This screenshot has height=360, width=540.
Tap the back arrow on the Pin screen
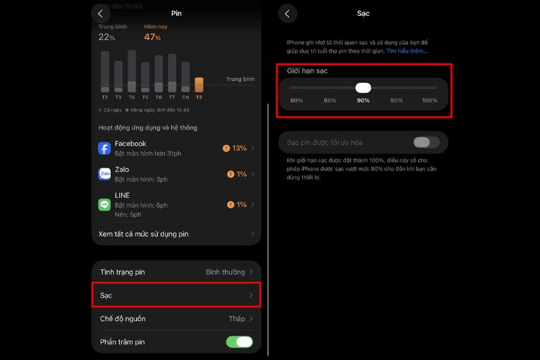point(100,13)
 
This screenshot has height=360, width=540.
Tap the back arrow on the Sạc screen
point(287,13)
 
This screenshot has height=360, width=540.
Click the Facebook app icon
point(105,148)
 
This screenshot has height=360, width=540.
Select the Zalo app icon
point(105,174)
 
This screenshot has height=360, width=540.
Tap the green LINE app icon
point(105,204)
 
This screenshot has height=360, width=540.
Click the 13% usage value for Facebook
point(240,148)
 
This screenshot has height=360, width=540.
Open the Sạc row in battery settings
point(177,295)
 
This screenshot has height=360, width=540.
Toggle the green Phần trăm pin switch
point(240,341)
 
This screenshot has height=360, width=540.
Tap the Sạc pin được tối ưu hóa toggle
point(426,143)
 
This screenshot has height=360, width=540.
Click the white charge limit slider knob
point(363,88)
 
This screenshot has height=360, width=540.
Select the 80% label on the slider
point(296,101)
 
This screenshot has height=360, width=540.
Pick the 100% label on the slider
point(429,101)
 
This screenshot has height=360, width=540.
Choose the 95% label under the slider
point(396,101)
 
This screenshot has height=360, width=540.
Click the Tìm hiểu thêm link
point(407,51)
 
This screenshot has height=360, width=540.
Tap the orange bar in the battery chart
point(199,84)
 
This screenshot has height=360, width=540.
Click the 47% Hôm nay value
point(152,37)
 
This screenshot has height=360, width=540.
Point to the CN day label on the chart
point(186,98)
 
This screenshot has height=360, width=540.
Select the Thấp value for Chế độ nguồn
point(237,318)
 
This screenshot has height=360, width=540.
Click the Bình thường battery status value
point(225,272)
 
